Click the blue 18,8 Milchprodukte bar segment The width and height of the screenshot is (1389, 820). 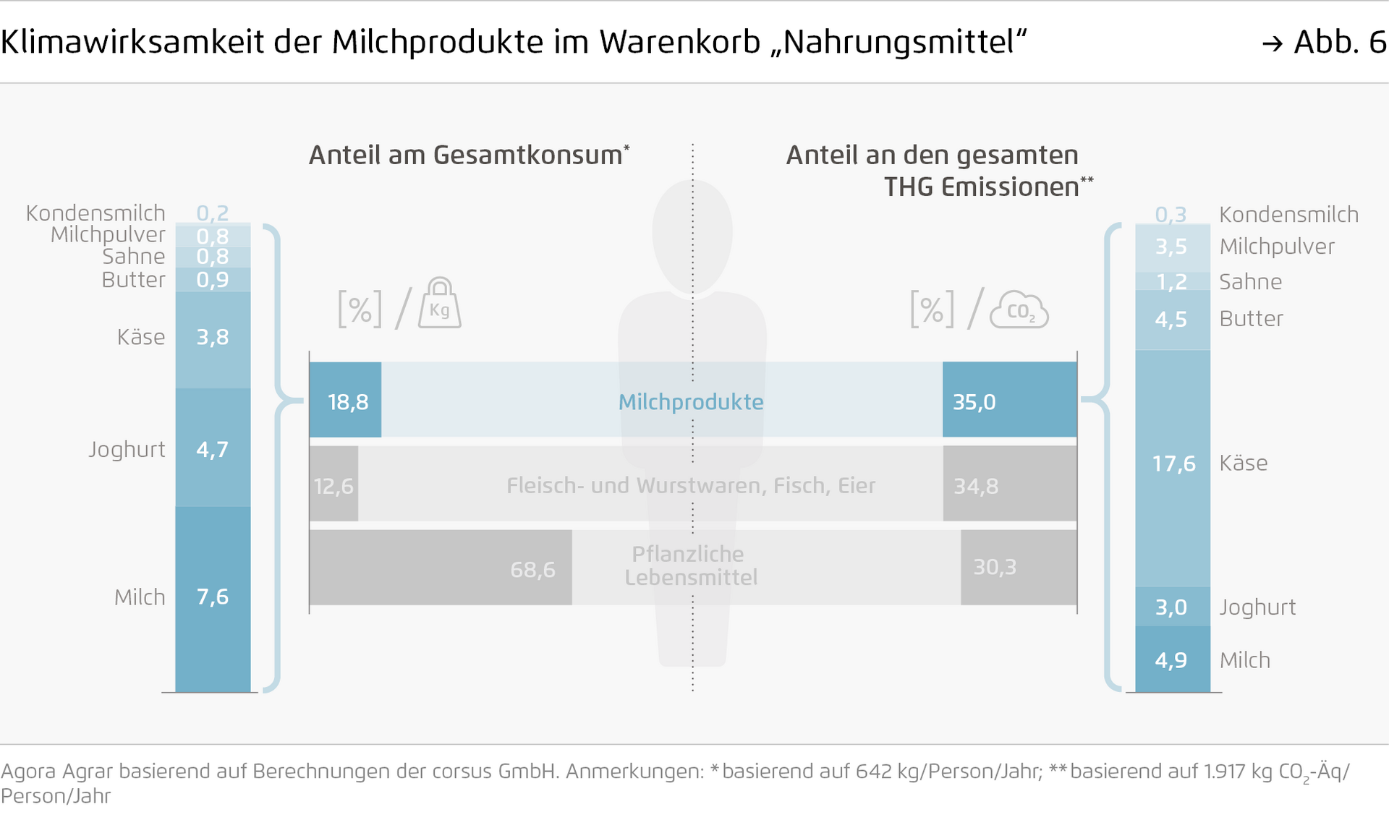coord(345,400)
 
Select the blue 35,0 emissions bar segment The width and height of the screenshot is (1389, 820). coord(1009,400)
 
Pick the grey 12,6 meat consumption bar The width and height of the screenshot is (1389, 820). coord(334,484)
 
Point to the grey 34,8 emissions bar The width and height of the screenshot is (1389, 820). coord(1009,484)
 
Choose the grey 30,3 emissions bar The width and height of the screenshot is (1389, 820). coord(1019,568)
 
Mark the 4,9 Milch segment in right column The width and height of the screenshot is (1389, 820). coord(1173,659)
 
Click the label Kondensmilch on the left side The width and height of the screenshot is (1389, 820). coord(95,213)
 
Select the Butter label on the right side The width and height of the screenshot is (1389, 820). coord(1251,319)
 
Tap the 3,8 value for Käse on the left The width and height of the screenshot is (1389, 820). coord(213,337)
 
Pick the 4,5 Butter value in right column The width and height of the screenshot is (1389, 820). coord(1171,319)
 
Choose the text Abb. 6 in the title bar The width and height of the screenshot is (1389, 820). coord(1340,42)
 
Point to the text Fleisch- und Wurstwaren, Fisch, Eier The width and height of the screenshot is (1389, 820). coord(691,485)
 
